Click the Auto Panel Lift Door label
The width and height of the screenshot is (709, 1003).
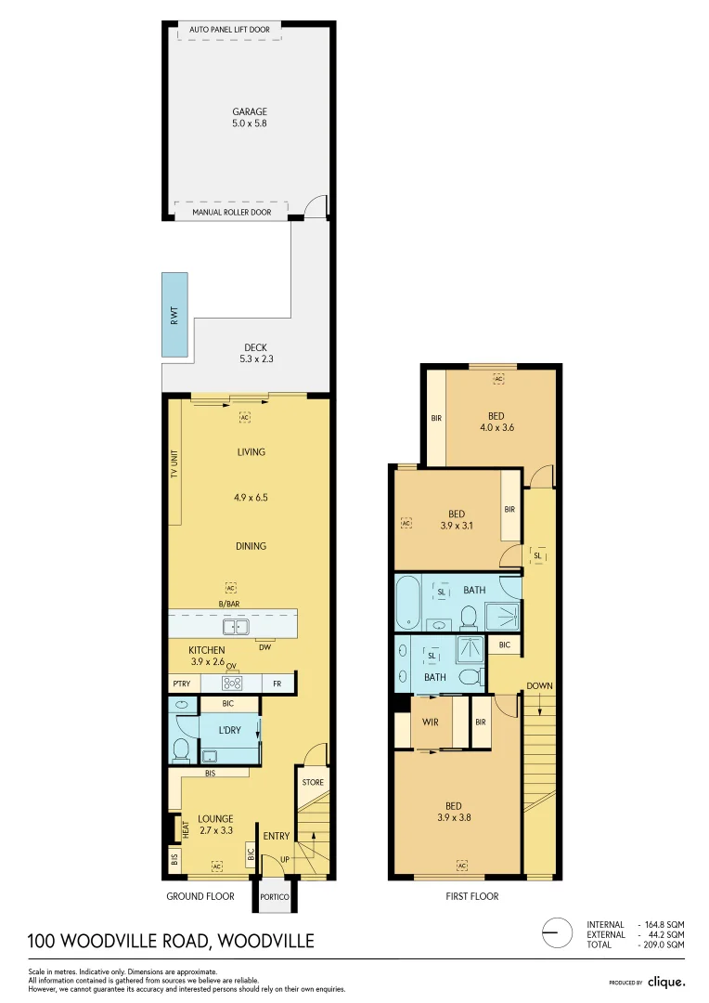(x=229, y=30)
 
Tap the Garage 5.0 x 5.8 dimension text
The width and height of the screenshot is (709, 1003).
(x=249, y=123)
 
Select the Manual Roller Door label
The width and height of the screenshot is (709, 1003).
(x=231, y=212)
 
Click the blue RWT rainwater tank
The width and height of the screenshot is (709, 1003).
(x=174, y=315)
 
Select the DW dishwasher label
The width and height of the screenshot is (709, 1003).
(x=264, y=647)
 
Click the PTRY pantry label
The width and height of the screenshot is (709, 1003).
(x=181, y=684)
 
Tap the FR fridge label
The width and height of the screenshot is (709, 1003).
(x=277, y=684)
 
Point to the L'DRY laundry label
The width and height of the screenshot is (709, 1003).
(x=229, y=730)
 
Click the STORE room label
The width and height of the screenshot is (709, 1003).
(x=313, y=782)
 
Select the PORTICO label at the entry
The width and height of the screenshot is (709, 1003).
(x=275, y=897)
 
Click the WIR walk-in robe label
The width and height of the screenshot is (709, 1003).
(x=431, y=723)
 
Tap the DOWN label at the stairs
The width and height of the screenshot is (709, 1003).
(x=539, y=686)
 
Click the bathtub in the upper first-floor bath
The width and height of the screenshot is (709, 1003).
(x=407, y=602)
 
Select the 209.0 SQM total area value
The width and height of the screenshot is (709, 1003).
(x=665, y=944)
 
